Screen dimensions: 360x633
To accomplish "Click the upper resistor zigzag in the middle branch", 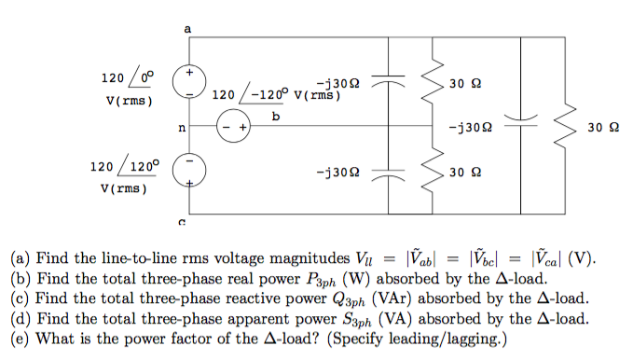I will (432, 83).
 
